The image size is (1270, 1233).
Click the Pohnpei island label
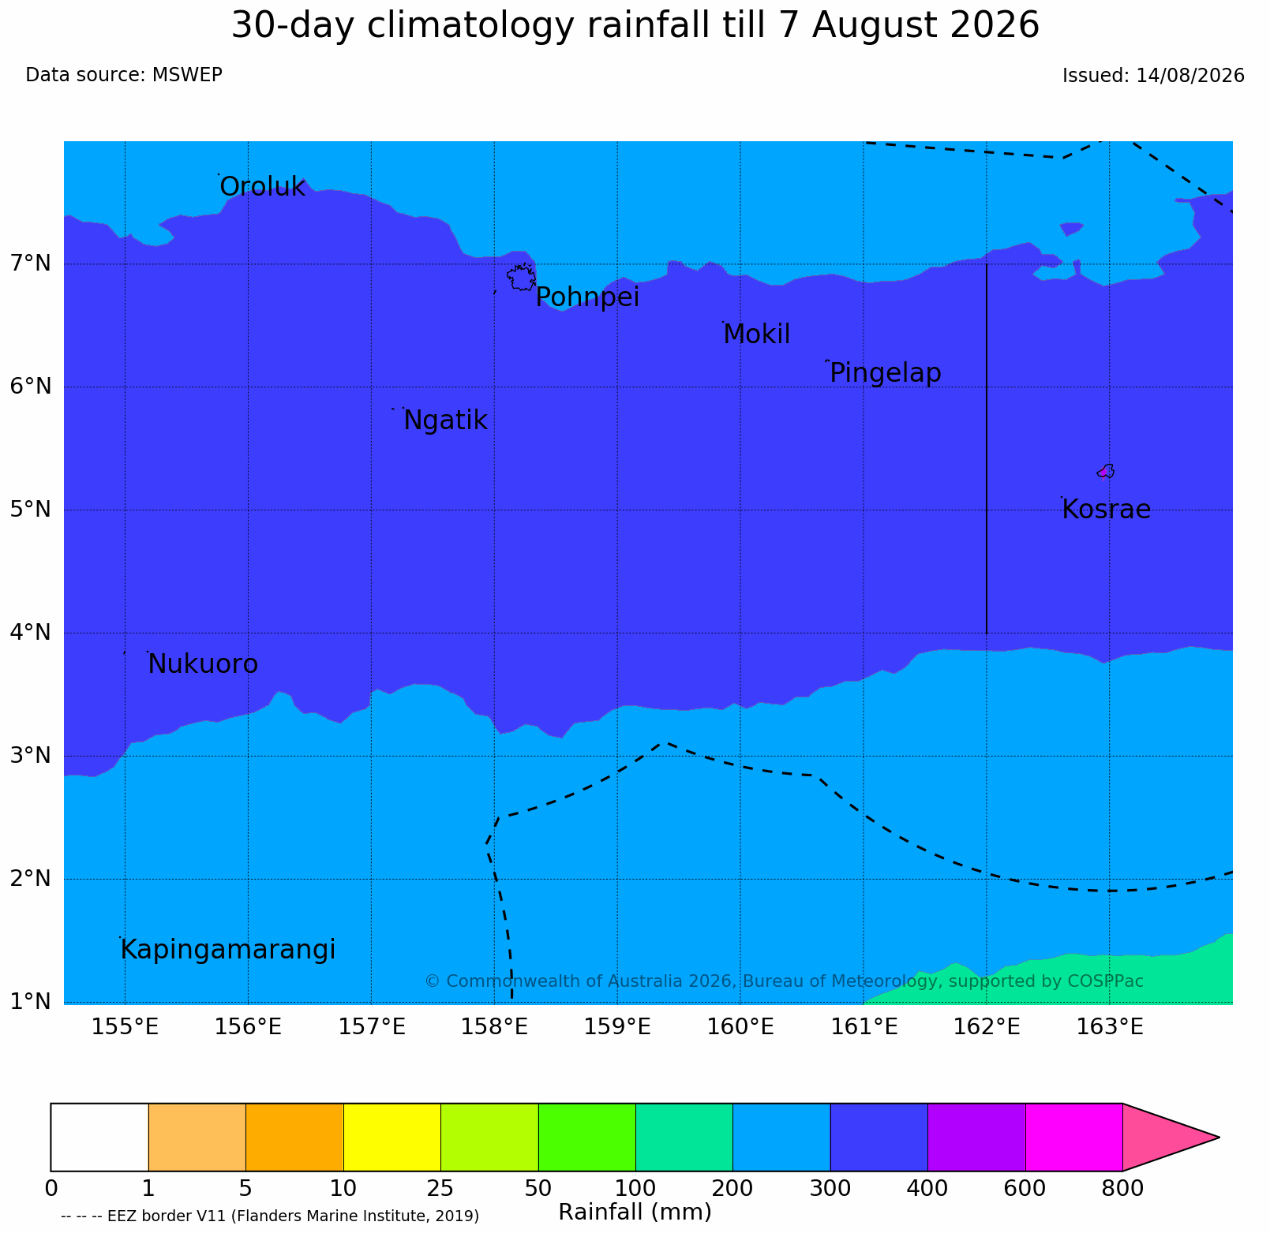[587, 298]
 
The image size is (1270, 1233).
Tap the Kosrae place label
[1106, 510]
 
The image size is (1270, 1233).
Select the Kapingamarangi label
[228, 950]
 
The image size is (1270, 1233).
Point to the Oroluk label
[262, 187]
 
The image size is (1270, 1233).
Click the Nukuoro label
[203, 664]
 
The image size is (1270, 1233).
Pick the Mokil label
[757, 334]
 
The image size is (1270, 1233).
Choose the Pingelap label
[886, 373]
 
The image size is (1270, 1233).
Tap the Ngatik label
[445, 420]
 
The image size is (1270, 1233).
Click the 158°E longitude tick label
[494, 1027]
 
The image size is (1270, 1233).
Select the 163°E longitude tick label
[1110, 1027]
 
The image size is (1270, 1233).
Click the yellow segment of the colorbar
[392, 1137]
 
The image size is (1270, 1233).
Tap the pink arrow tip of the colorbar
[1219, 1137]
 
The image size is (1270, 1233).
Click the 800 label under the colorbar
[1122, 1187]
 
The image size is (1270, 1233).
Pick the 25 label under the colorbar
[440, 1187]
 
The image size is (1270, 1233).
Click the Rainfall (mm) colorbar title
[635, 1212]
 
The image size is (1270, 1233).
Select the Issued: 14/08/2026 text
[1153, 76]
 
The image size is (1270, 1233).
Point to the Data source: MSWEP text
[124, 75]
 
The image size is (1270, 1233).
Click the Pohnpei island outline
[521, 278]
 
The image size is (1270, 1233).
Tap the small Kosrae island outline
[1106, 471]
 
